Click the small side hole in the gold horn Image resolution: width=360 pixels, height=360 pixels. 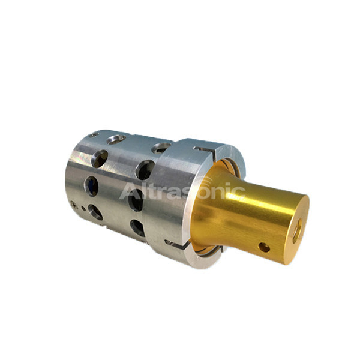(264, 247)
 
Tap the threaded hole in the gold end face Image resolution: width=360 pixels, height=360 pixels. (297, 231)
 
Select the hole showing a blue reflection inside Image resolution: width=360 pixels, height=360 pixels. (91, 186)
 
